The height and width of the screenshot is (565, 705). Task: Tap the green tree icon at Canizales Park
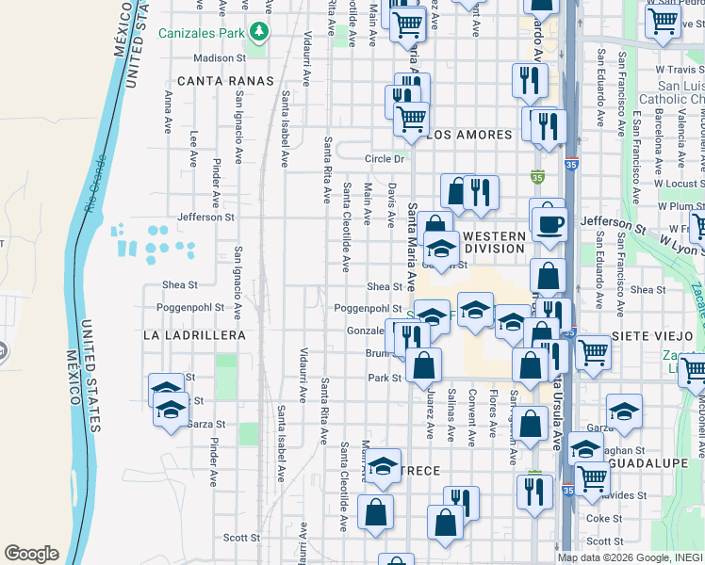(258, 35)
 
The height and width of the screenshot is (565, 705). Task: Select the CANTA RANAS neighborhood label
(225, 81)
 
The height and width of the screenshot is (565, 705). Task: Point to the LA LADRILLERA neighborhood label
(194, 335)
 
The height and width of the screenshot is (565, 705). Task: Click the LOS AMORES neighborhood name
(470, 135)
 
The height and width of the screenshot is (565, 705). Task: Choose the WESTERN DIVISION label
(494, 241)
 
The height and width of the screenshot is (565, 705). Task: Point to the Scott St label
(241, 538)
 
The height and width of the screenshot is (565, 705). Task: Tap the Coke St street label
(604, 518)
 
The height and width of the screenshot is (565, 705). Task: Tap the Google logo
(31, 554)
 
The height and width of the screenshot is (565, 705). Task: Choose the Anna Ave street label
(168, 112)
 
